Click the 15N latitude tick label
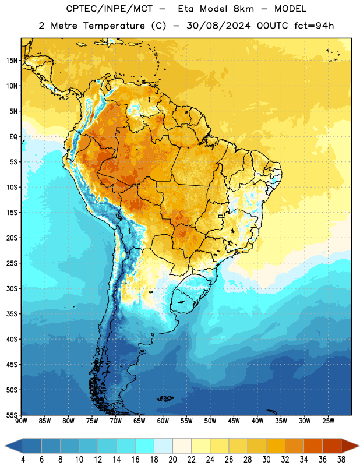point(12,61)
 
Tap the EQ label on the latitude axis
point(13,137)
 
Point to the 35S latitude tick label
point(12,314)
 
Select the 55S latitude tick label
point(12,415)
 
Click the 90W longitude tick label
point(21,421)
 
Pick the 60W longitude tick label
point(163,421)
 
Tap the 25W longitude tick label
point(328,421)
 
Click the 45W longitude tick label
point(234,421)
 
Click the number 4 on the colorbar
point(23,460)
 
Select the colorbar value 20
point(172,460)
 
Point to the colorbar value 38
point(341,460)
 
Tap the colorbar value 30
point(266,460)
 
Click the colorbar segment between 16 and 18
point(144,446)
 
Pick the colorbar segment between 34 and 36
point(313,446)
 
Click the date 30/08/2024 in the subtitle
point(218,26)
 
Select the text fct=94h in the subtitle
point(314,26)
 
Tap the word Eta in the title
point(186,9)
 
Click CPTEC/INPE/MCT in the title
point(109,9)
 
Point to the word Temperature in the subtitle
point(114,26)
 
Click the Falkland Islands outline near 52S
point(165,398)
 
